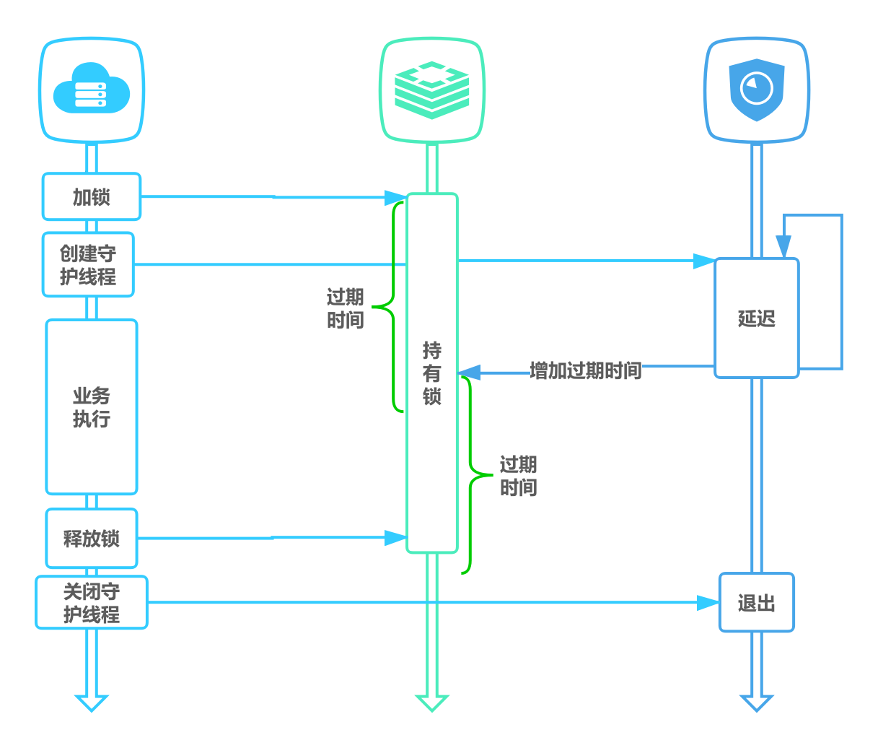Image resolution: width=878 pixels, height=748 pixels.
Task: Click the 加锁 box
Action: coord(92,197)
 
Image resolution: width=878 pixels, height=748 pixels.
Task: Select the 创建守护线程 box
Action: coord(88,265)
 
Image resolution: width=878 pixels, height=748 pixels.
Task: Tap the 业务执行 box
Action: coord(92,407)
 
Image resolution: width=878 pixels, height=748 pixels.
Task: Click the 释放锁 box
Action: coord(92,539)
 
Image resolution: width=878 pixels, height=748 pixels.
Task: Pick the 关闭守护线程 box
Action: coord(92,603)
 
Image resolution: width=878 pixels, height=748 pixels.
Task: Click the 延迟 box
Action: coord(756,318)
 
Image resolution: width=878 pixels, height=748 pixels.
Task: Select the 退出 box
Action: coord(756,603)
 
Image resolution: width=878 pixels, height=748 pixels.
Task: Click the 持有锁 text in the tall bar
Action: coord(431,373)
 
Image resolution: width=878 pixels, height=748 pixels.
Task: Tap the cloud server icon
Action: coord(92,90)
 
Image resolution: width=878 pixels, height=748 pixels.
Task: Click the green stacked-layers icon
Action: coord(431,90)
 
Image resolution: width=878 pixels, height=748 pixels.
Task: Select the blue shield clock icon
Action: coord(756,90)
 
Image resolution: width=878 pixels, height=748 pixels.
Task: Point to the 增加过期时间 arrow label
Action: coord(585,371)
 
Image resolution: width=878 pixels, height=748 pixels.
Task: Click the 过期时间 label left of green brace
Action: coord(345,308)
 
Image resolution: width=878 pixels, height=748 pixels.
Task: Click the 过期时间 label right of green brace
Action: coord(518,476)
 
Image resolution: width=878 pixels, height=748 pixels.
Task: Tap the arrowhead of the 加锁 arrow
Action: coord(396,198)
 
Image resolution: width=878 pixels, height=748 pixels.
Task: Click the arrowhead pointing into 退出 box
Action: coord(708,603)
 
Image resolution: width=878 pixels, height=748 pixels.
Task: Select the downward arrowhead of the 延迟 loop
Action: coord(783,246)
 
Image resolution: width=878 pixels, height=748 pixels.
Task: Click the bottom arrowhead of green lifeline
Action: coord(431,703)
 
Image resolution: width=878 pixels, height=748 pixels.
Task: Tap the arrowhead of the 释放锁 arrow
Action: coord(396,538)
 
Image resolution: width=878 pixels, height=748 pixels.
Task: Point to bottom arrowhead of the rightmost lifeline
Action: coord(756,703)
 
